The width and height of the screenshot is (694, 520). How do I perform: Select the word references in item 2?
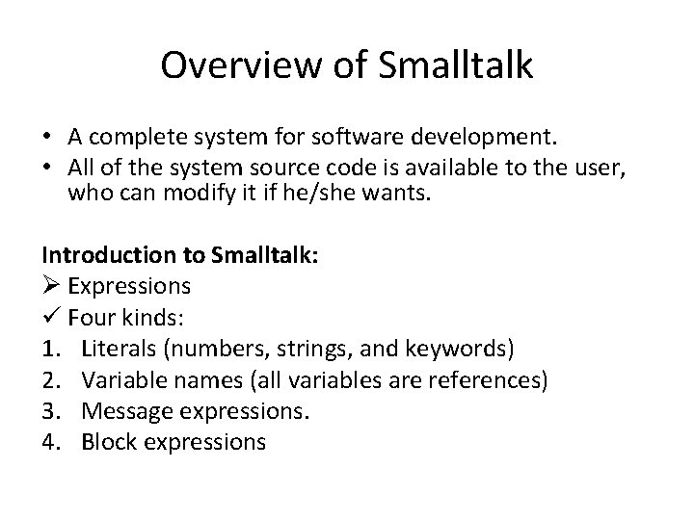click(491, 379)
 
